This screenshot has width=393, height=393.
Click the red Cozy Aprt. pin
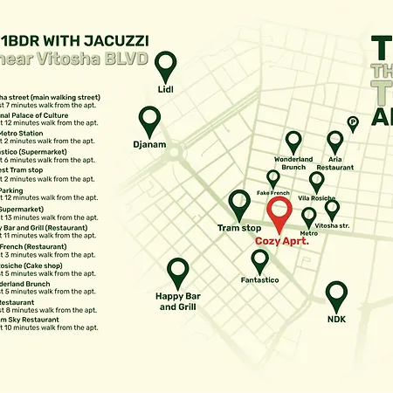pos(279,212)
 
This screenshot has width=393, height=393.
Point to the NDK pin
pos(336,294)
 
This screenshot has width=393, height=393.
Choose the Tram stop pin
pos(239,203)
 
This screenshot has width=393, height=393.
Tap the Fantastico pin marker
pos(259,259)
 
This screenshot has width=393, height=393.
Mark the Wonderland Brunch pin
pos(293,141)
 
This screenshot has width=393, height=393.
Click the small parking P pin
pos(353,123)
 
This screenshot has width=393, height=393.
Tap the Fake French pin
pos(273,178)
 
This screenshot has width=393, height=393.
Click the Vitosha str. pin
pos(332,209)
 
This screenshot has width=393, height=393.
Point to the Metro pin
pos(308,215)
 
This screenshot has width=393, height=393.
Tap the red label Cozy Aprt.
pos(281,240)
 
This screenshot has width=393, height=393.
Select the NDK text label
pos(336,320)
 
